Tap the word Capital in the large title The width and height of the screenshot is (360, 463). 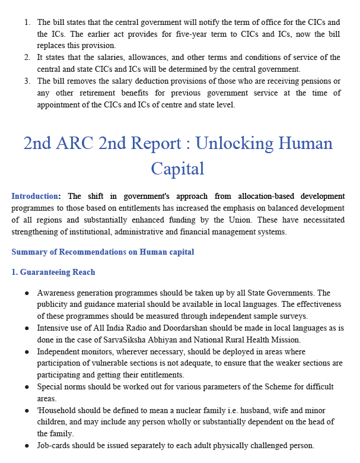click(177, 169)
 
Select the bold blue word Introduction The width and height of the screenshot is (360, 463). click(34, 196)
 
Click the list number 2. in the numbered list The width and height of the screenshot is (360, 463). click(27, 58)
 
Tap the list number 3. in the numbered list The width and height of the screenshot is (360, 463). click(27, 81)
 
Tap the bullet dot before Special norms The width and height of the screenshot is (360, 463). click(27, 387)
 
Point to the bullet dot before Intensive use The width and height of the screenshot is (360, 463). click(27, 328)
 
